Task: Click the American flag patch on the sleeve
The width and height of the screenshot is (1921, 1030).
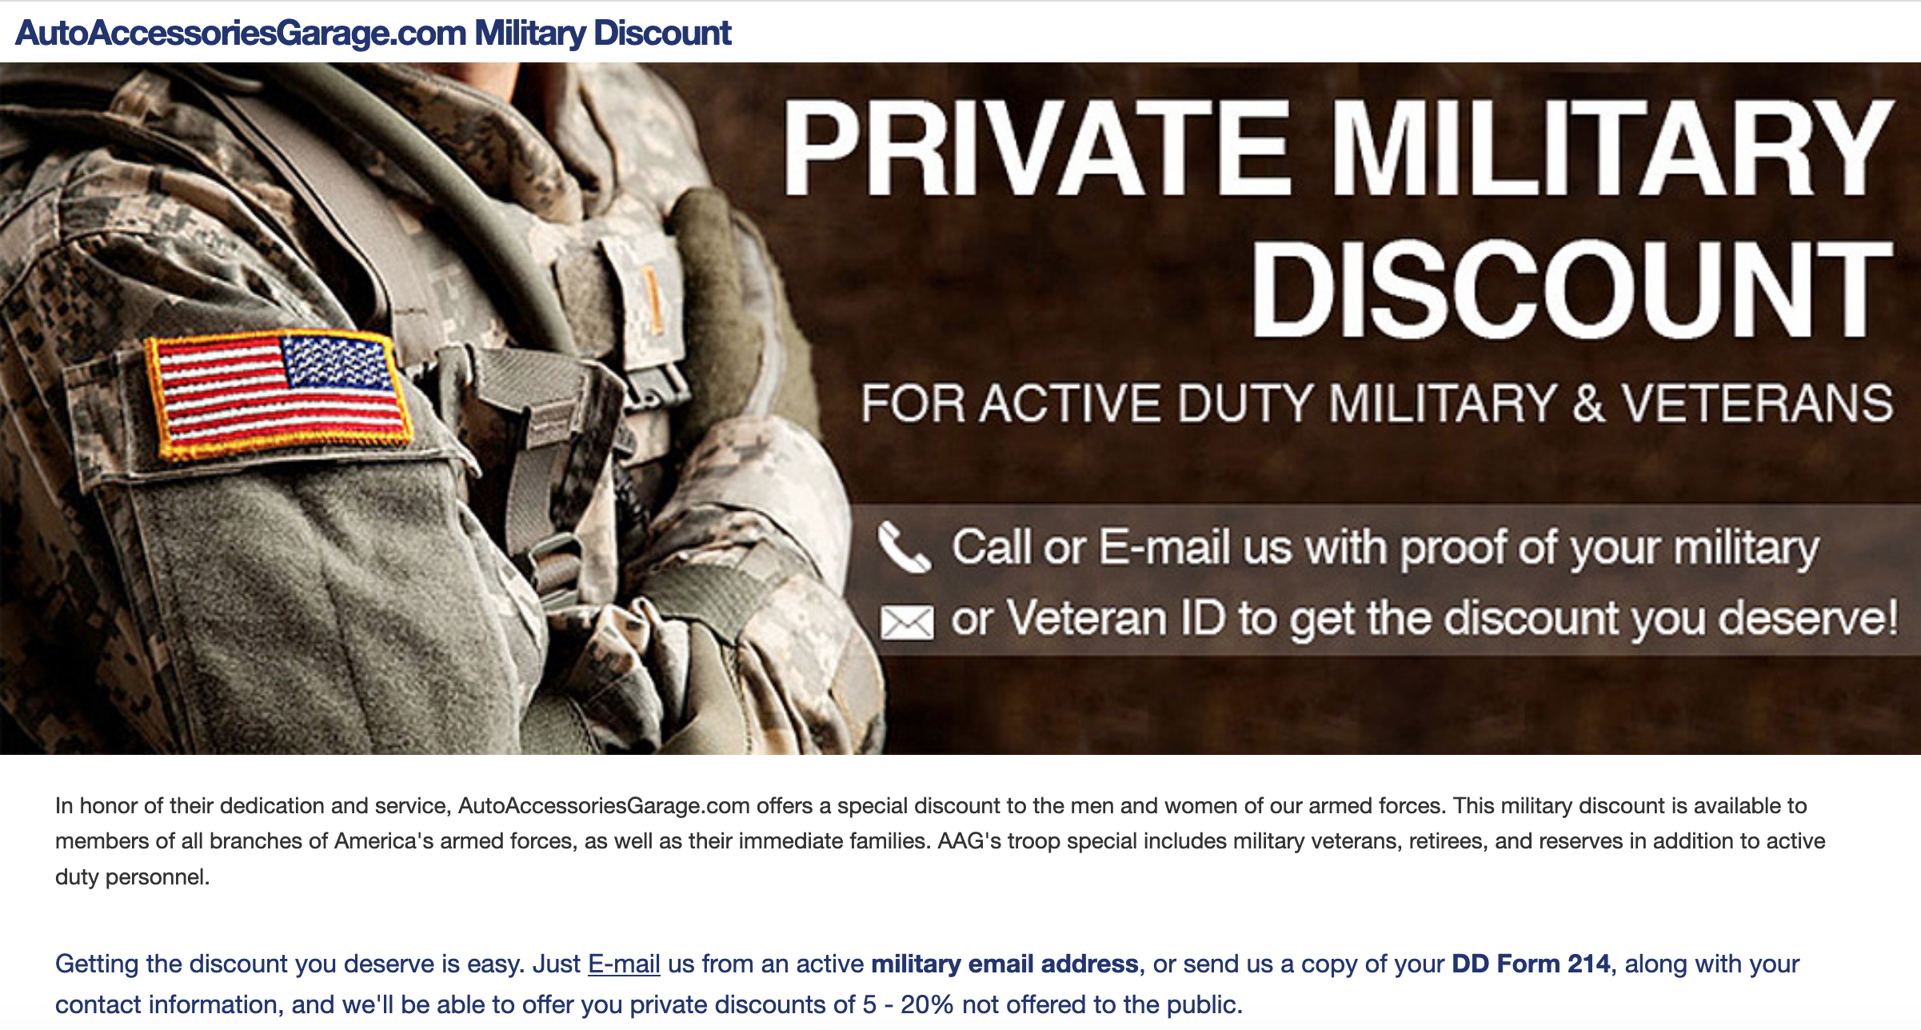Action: coord(278,395)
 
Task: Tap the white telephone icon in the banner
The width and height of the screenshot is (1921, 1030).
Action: coord(905,548)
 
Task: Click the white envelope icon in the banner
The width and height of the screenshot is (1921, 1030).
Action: coord(907,622)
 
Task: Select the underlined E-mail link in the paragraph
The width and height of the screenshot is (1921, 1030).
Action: coord(624,964)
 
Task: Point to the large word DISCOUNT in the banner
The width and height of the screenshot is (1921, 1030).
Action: coord(1572,289)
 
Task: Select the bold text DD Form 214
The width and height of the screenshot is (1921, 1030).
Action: coord(1531,964)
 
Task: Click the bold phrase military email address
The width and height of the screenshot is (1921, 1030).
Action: coord(1004,964)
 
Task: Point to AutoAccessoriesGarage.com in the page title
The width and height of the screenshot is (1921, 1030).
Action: coord(241,33)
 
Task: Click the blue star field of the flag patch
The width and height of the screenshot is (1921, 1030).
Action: coord(337,360)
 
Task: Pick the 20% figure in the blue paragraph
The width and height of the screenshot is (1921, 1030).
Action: coord(927,1004)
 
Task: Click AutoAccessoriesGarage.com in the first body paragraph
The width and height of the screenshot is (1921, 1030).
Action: coord(604,806)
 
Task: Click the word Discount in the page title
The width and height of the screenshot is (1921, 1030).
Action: coord(662,33)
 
